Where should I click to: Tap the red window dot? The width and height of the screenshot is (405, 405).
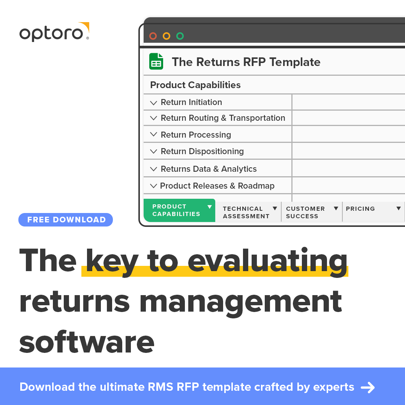153,36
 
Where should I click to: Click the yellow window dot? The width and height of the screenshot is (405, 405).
166,36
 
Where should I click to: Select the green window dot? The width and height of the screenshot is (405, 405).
180,36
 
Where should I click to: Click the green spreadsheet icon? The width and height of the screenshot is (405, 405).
156,61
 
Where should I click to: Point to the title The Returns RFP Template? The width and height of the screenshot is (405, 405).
246,62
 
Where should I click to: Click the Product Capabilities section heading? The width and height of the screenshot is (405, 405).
195,85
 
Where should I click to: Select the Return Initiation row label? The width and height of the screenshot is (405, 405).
191,102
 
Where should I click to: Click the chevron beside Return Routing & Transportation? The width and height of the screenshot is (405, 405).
153,118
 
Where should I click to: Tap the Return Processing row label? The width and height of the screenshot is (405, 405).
196,135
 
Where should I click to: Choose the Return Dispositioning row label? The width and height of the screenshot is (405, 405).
202,151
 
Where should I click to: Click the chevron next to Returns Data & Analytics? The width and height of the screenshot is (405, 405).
153,169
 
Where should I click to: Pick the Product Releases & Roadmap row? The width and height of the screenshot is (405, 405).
217,186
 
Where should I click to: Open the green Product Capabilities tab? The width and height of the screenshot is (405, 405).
176,210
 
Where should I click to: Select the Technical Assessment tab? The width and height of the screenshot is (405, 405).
246,212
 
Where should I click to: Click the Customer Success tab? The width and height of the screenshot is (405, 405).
305,212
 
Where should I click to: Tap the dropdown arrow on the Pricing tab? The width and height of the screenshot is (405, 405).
399,208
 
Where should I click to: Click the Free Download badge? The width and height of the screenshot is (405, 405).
66,220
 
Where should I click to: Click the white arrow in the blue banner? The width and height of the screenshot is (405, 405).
367,387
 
